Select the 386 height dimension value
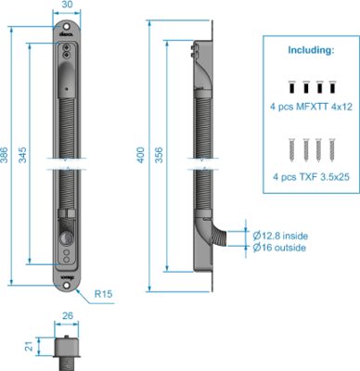pyautogui.click(x=5, y=155)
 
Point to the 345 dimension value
pyautogui.click(x=22, y=155)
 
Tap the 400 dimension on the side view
pyautogui.click(x=141, y=155)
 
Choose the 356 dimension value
pyautogui.click(x=159, y=155)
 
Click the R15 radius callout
pyautogui.click(x=103, y=294)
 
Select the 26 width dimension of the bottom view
pyautogui.click(x=68, y=315)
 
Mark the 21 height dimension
pyautogui.click(x=29, y=346)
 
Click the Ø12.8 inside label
pyautogui.click(x=280, y=236)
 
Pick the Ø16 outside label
pyautogui.click(x=279, y=248)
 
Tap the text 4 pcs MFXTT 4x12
pyautogui.click(x=311, y=107)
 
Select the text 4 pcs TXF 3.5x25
pyautogui.click(x=311, y=177)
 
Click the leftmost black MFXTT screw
pyautogui.click(x=291, y=87)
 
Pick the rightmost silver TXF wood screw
pyautogui.click(x=332, y=150)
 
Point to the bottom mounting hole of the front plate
pyautogui.click(x=67, y=285)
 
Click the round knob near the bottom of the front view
pyautogui.click(x=66, y=238)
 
